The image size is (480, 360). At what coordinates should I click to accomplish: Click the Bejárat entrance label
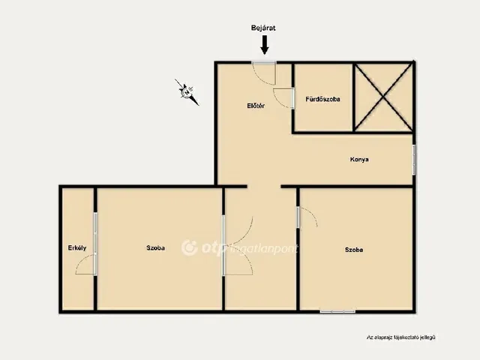click(x=263, y=28)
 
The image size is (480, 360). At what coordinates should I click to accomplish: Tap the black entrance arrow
click(x=265, y=45)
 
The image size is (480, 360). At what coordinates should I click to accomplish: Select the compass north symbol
click(x=187, y=92)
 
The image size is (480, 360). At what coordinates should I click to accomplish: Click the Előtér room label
click(x=256, y=106)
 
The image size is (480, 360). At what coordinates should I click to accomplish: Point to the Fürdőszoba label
click(x=322, y=99)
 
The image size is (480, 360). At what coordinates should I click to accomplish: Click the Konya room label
click(x=359, y=160)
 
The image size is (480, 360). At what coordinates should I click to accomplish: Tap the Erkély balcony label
click(x=77, y=248)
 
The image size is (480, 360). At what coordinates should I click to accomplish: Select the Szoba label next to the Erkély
click(x=155, y=248)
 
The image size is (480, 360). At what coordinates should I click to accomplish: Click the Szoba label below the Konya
click(x=354, y=250)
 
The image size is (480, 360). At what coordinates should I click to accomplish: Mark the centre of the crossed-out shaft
click(x=383, y=97)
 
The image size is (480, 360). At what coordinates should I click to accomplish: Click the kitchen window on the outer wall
click(x=414, y=160)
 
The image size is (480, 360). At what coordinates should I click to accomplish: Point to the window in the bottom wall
click(x=337, y=312)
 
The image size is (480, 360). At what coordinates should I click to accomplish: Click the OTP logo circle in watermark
click(x=190, y=247)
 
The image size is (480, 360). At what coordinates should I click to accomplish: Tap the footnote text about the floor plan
click(x=400, y=337)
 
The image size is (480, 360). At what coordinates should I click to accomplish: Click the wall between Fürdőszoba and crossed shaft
click(x=353, y=97)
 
